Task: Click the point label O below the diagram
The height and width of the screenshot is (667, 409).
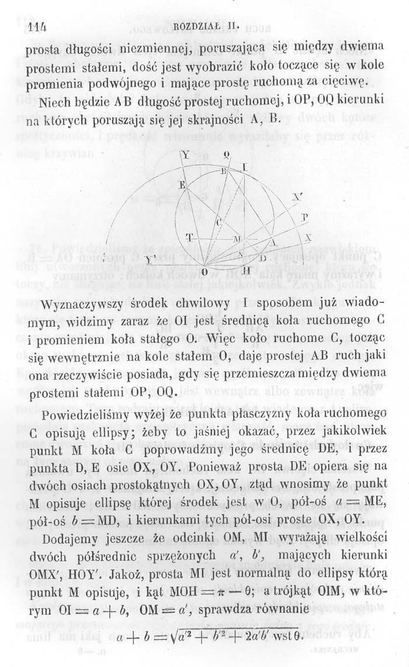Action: pyautogui.click(x=203, y=273)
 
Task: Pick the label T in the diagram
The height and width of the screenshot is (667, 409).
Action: pyautogui.click(x=189, y=238)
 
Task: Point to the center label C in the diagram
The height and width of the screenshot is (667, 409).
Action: pyautogui.click(x=219, y=222)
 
